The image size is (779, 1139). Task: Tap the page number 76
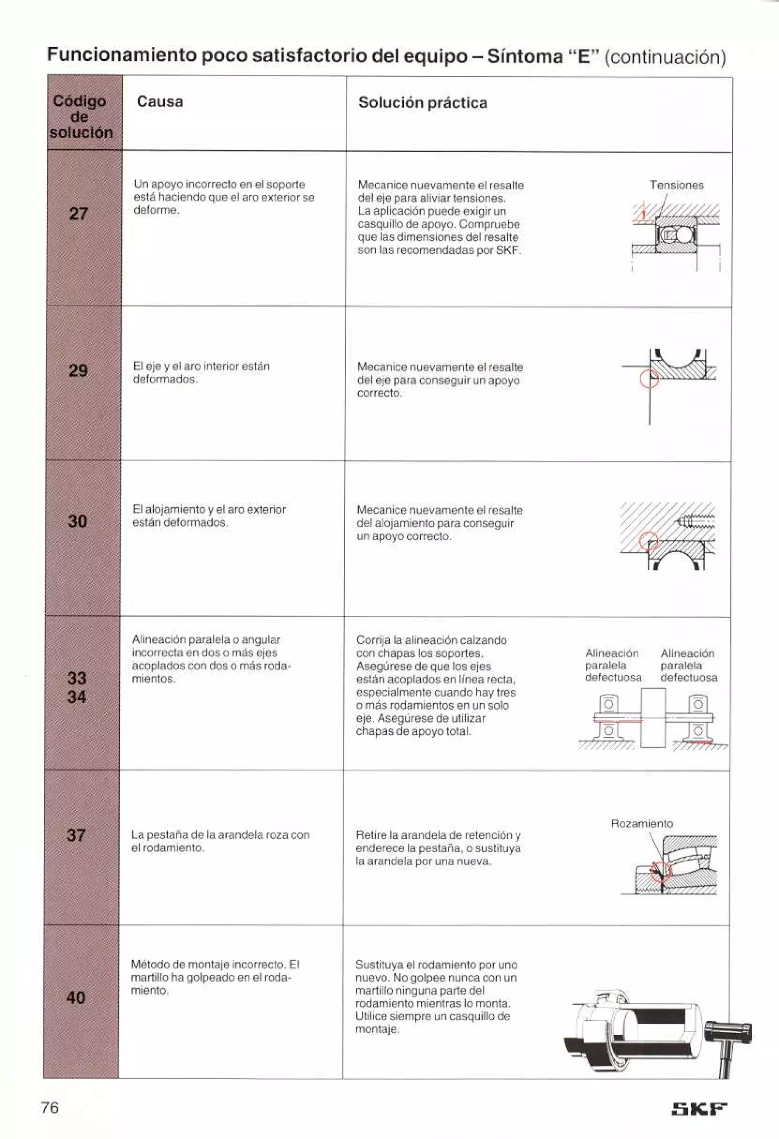pos(50,1107)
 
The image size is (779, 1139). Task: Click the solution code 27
pos(78,214)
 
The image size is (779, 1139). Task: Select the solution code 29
pos(78,370)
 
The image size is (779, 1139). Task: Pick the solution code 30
pos(78,521)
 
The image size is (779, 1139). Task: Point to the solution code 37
pos(76,835)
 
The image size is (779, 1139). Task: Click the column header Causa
pos(160,102)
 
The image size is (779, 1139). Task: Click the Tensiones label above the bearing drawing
pos(677,185)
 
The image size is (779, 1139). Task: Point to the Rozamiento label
pos(642,823)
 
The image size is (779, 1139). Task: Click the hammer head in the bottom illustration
pos(728,1032)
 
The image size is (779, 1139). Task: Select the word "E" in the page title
pos(583,57)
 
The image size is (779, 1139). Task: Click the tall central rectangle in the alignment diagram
pos(653,718)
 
